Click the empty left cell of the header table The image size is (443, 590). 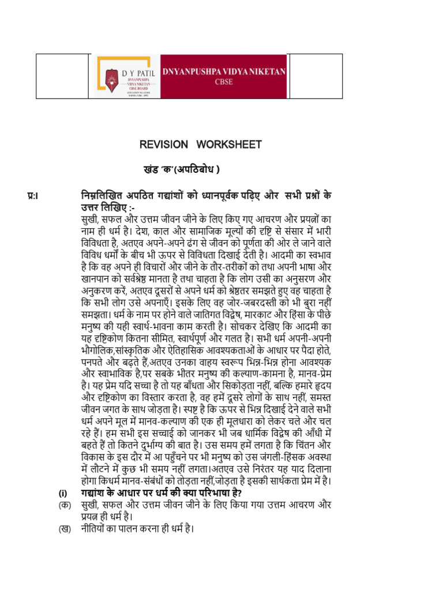tap(63, 77)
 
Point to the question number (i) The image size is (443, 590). tap(63, 493)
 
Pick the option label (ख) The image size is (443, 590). tap(63, 528)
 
